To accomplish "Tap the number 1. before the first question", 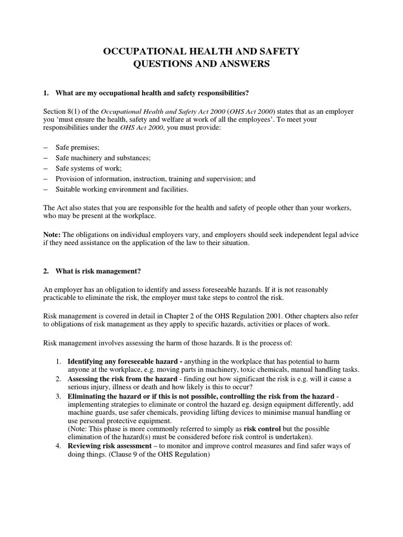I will click(x=46, y=93).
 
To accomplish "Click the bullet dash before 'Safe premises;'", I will click(x=45, y=148).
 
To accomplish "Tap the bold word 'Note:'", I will click(x=52, y=234).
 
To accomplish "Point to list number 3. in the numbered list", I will click(x=58, y=395).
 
